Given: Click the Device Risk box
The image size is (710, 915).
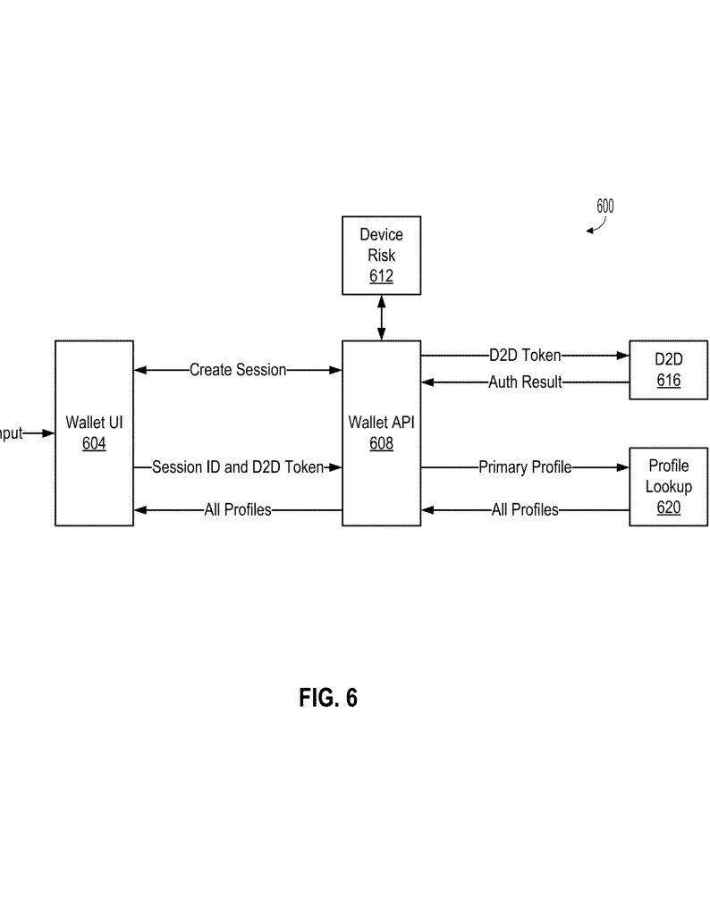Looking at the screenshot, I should point(381,255).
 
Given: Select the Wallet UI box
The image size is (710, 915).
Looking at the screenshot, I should point(94,432).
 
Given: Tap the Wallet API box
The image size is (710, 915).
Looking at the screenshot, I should point(381,432).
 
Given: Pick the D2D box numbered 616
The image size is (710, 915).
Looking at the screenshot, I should point(667,370).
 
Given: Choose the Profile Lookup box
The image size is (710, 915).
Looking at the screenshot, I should point(668,486).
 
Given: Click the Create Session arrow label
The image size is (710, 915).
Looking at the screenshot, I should point(238,370).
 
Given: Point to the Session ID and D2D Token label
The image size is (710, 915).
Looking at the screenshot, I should point(237,466).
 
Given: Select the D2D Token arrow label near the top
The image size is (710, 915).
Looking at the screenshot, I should point(525,356).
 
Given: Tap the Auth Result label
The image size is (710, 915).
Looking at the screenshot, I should point(525,382).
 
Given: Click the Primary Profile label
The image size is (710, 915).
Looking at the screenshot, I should point(525,466).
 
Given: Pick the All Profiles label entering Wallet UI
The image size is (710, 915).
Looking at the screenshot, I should point(238,510).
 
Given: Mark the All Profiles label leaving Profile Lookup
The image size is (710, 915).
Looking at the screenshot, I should point(525,510).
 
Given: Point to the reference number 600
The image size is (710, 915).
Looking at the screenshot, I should point(605,206).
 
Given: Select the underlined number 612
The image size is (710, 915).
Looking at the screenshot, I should point(381,276).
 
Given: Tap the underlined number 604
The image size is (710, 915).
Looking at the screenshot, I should point(94,443).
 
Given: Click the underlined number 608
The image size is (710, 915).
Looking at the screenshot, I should point(381,443).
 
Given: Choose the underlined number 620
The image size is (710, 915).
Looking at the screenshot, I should point(668,508).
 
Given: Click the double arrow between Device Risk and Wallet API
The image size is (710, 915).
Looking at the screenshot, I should point(382,317).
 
